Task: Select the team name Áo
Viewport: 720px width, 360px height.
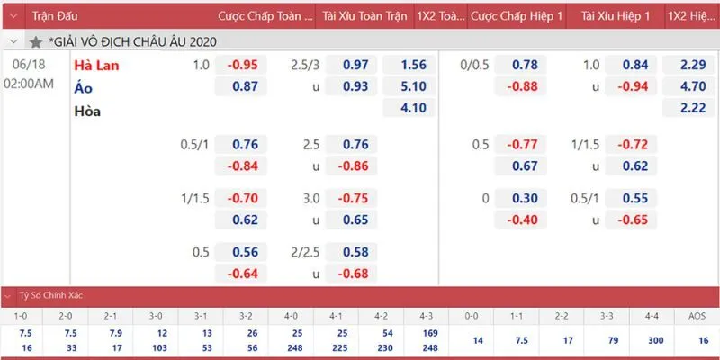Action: [x=85, y=87]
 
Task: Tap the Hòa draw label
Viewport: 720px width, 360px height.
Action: [x=87, y=111]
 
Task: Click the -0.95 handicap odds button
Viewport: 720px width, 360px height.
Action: [x=243, y=65]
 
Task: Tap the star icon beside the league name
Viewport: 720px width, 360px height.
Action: [x=36, y=42]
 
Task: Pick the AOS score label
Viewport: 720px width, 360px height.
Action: [x=696, y=317]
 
